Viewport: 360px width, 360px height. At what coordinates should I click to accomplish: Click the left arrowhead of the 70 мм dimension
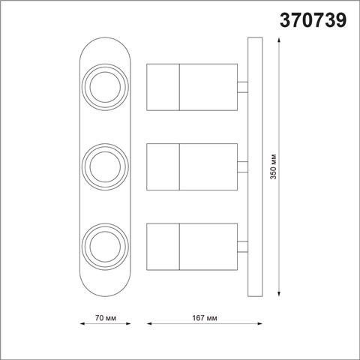[x=81, y=325]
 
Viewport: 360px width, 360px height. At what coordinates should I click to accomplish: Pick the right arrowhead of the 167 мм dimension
[x=256, y=325]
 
